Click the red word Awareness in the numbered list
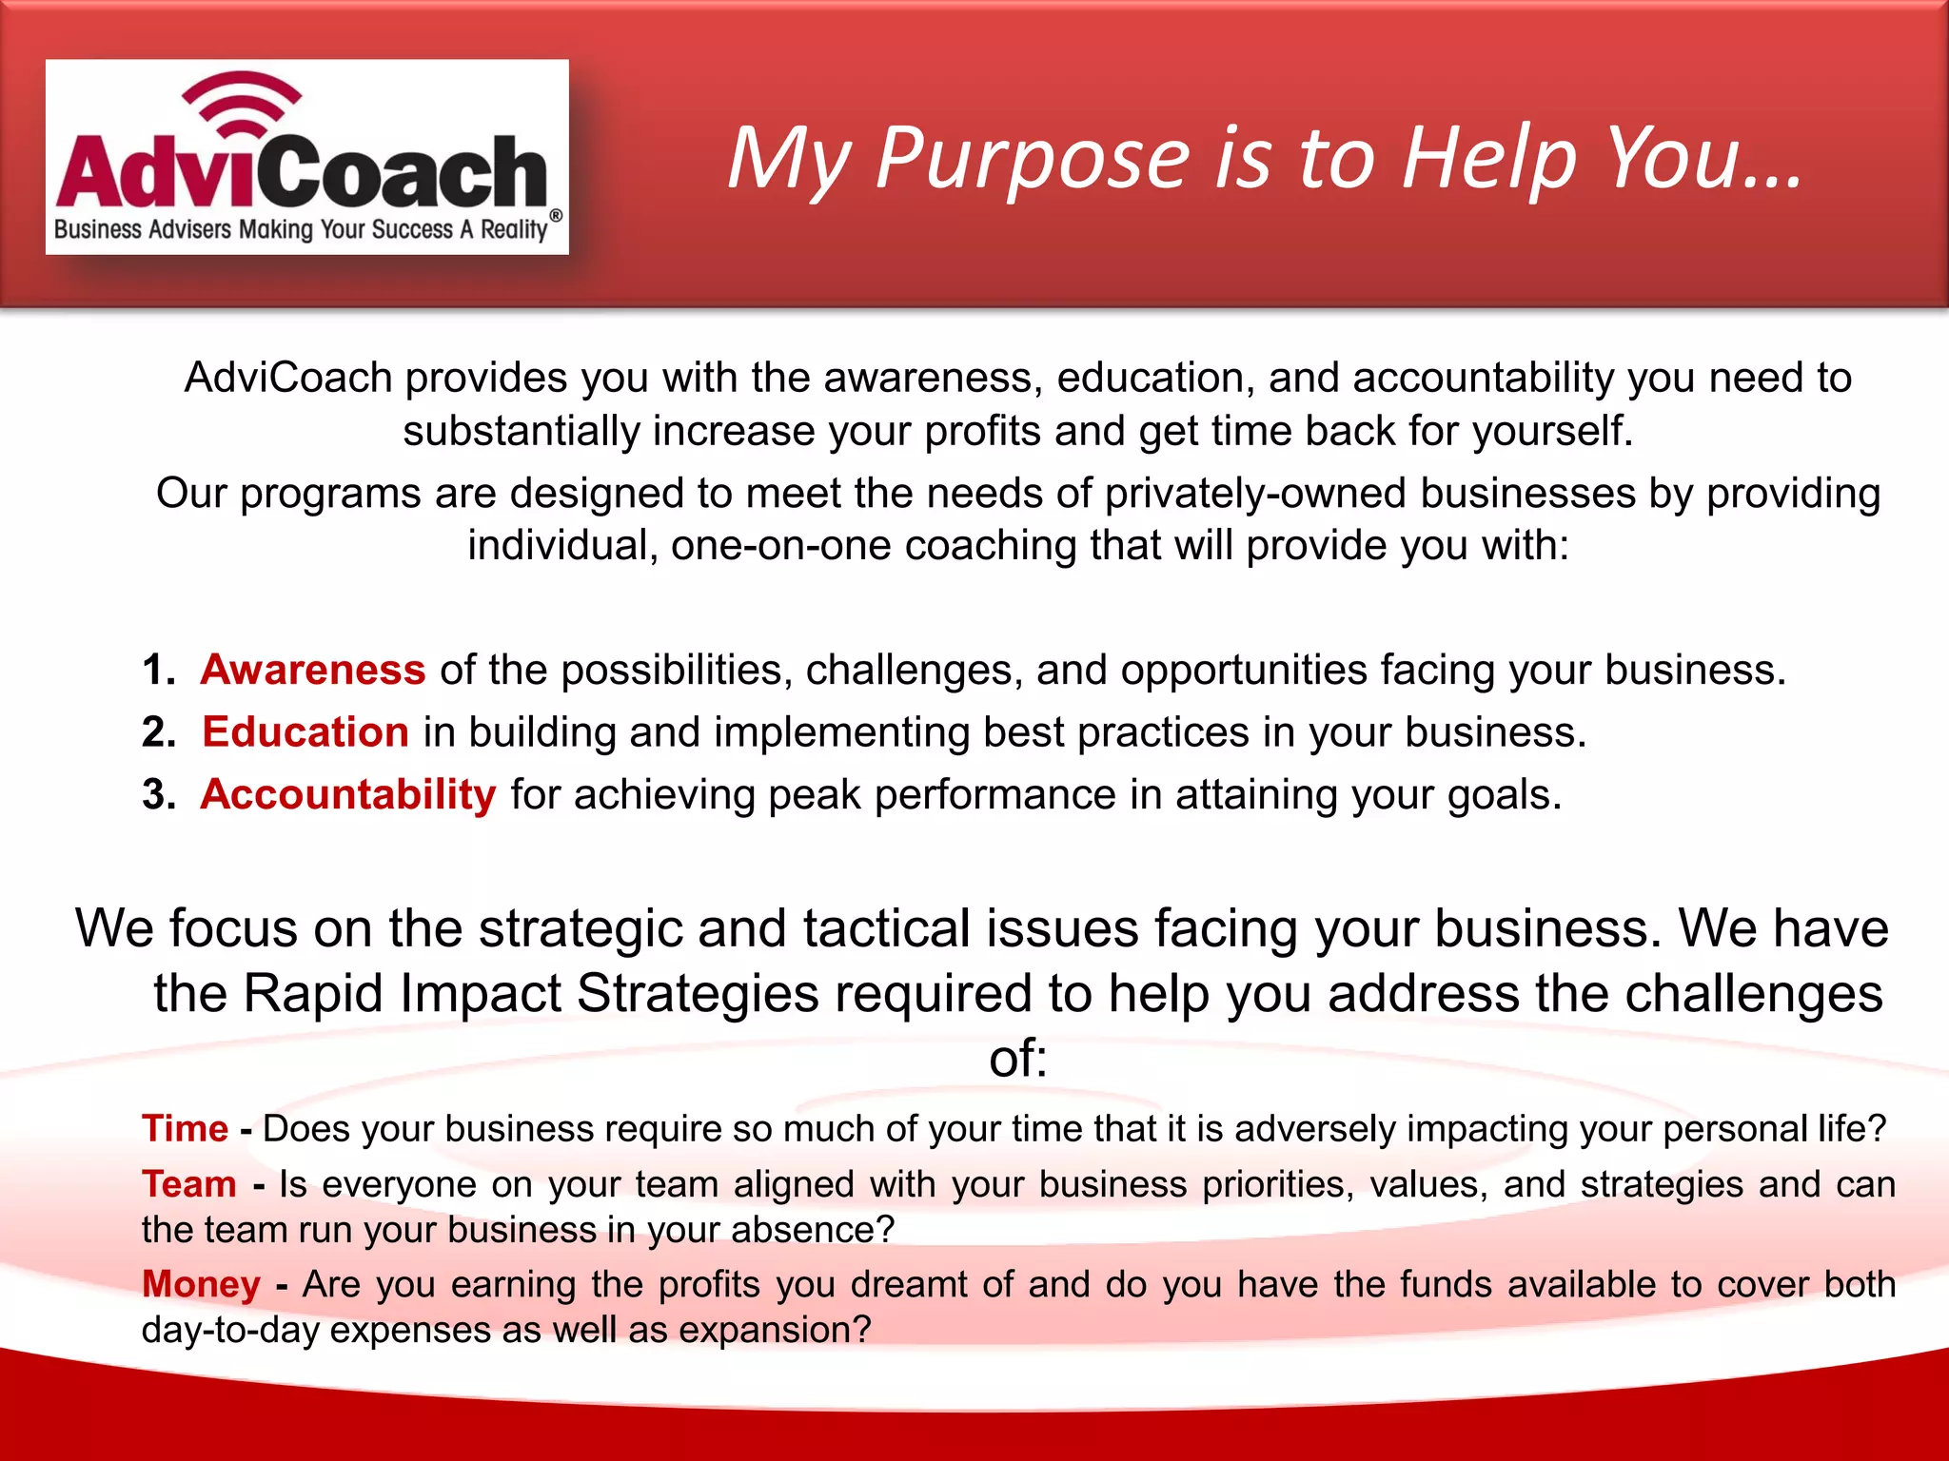[312, 670]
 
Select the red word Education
[305, 732]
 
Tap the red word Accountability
[348, 794]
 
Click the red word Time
[185, 1129]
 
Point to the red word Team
[189, 1184]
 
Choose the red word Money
[201, 1284]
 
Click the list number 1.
[157, 670]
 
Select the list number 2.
[158, 732]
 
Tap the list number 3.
[158, 794]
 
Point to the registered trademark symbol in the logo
[556, 216]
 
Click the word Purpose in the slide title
[1032, 159]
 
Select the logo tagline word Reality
[514, 230]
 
